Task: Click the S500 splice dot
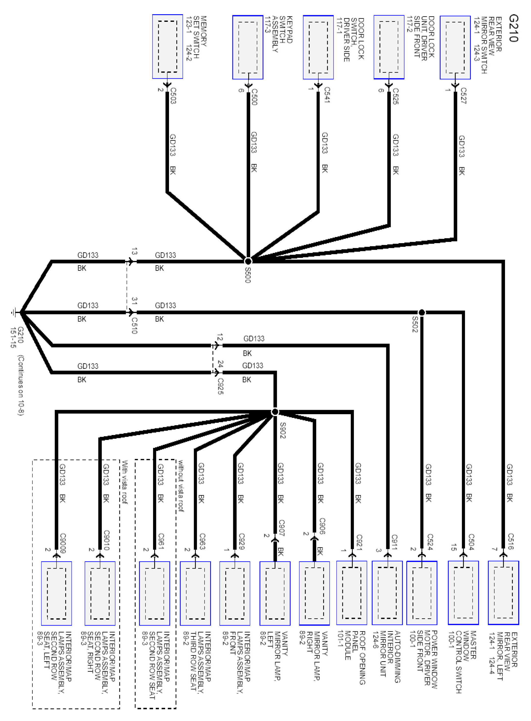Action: tap(248, 261)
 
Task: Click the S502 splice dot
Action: tap(421, 312)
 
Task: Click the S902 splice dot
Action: tap(275, 412)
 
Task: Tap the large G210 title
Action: tap(513, 28)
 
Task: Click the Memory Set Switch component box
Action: tap(168, 47)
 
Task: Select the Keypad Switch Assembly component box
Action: tap(247, 47)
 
